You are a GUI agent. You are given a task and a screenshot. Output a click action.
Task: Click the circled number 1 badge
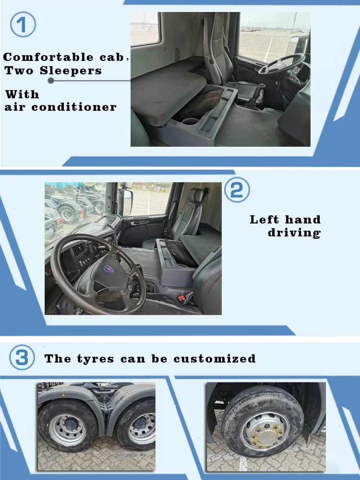pyautogui.click(x=23, y=24)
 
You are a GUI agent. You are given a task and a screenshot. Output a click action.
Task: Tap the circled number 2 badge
pyautogui.click(x=237, y=189)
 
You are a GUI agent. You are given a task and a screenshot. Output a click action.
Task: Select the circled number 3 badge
pyautogui.click(x=22, y=357)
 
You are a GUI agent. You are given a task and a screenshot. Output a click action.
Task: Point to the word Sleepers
pyautogui.click(x=71, y=70)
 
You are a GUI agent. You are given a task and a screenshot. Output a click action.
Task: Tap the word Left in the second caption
pyautogui.click(x=264, y=220)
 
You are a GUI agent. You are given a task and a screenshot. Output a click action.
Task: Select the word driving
pyautogui.click(x=294, y=233)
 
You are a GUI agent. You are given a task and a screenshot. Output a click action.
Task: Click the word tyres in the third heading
pyautogui.click(x=96, y=359)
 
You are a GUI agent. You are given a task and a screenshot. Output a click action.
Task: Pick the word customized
pyautogui.click(x=215, y=359)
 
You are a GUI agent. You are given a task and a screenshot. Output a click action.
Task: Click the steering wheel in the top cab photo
pyautogui.click(x=281, y=64)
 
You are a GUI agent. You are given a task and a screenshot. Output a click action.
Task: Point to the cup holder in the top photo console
pyautogui.click(x=190, y=121)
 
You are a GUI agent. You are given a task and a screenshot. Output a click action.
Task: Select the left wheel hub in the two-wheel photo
pyautogui.click(x=68, y=425)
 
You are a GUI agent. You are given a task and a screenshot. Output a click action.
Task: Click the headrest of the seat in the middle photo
pyautogui.click(x=196, y=196)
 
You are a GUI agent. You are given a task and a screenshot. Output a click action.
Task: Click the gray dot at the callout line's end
pyautogui.click(x=51, y=81)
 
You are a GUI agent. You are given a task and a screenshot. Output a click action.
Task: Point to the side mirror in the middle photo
pyautogui.click(x=128, y=203)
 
